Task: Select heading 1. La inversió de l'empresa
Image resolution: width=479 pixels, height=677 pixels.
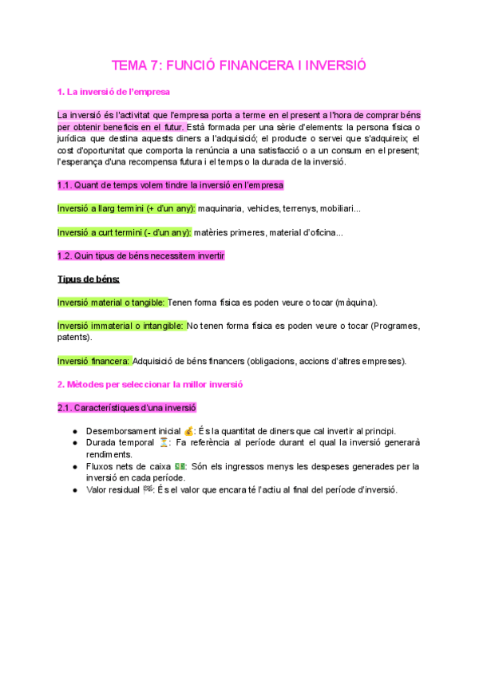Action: (x=113, y=93)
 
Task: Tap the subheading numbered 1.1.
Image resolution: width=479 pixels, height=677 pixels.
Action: (x=170, y=185)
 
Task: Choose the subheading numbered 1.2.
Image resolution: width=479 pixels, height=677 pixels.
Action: (x=141, y=255)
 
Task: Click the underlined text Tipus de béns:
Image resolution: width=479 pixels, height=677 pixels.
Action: (x=89, y=279)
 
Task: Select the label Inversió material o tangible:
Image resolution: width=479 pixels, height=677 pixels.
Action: (x=111, y=303)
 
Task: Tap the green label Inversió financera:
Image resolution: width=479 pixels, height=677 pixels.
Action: (x=93, y=361)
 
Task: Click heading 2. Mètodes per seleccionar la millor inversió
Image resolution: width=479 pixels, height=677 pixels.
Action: (x=150, y=384)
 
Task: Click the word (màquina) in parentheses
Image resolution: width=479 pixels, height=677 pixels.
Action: (x=357, y=303)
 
